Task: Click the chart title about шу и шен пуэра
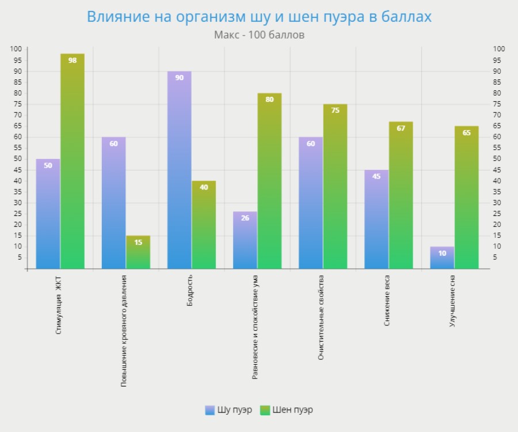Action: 259,17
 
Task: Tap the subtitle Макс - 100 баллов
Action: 259,35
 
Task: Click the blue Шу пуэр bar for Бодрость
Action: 179,173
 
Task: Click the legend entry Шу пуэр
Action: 228,410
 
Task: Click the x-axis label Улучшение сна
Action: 452,301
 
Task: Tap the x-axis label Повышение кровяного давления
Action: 124,331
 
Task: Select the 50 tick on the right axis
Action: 498,159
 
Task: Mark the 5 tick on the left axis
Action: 20,257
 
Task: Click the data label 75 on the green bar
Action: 335,111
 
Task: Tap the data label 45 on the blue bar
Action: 376,176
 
